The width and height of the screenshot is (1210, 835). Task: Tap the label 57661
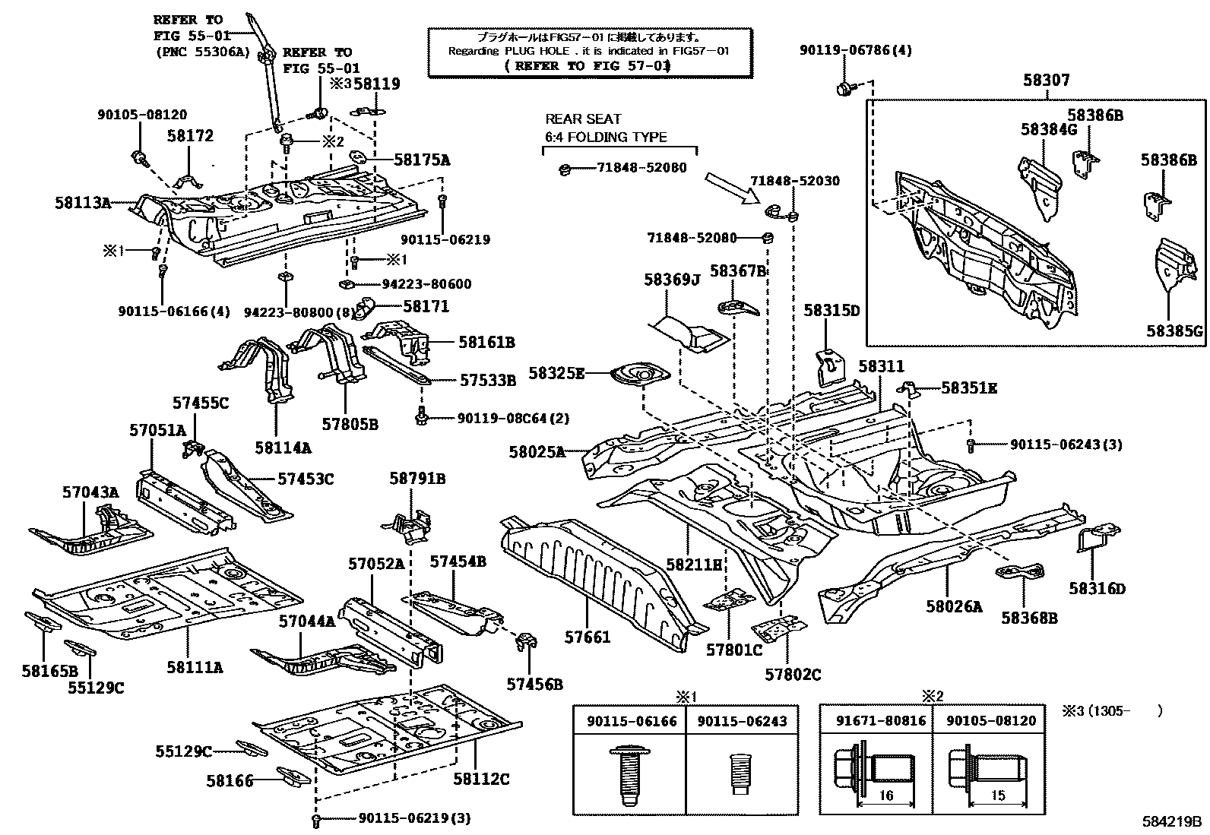(588, 637)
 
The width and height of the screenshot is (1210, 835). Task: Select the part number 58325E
(557, 373)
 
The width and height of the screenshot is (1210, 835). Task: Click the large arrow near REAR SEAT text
(732, 188)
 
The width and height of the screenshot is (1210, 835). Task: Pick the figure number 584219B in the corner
(1172, 821)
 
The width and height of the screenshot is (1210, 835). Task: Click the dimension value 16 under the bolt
(886, 796)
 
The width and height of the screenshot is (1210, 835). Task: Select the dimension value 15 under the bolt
(998, 795)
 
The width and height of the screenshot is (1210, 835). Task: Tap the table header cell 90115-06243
(741, 721)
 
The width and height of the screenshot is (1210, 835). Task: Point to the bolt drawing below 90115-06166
(629, 775)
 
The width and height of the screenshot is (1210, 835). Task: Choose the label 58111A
(195, 667)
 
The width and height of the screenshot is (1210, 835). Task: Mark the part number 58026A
(953, 606)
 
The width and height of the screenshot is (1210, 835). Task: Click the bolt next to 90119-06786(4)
(844, 90)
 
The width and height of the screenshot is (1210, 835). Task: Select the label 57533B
(487, 380)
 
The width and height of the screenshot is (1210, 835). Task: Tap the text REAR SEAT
(583, 119)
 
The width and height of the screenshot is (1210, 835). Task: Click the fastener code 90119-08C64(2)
(513, 418)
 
